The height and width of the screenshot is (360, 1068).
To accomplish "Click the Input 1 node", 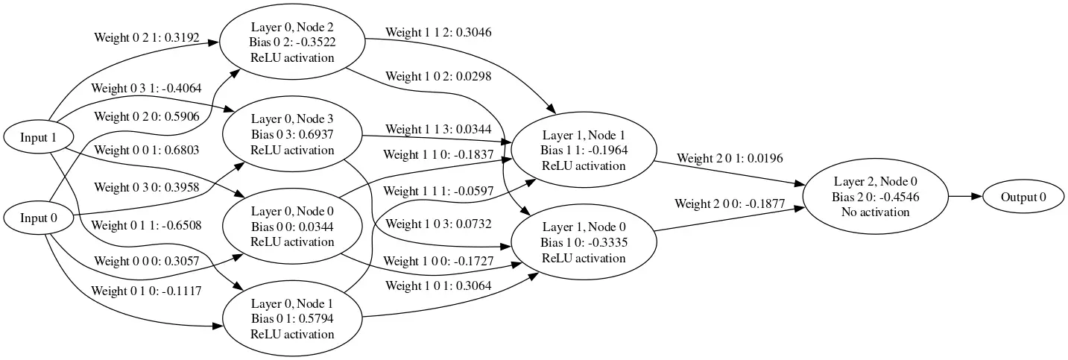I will tap(39, 137).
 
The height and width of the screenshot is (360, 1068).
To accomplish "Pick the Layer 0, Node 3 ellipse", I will tap(292, 135).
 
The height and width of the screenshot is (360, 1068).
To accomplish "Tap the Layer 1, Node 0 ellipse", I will tap(584, 242).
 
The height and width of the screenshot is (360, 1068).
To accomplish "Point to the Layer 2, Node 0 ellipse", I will tap(876, 197).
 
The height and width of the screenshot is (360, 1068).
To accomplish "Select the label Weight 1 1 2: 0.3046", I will tap(438, 33).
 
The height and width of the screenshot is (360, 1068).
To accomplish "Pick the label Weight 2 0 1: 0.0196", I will tap(730, 158).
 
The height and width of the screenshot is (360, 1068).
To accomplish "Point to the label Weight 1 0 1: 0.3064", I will tap(438, 285).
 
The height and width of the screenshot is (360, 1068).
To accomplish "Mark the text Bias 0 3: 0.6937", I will tap(292, 135).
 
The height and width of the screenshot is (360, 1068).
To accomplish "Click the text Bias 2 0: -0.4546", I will tap(876, 197).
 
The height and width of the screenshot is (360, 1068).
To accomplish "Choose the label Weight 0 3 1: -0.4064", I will tap(146, 89).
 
